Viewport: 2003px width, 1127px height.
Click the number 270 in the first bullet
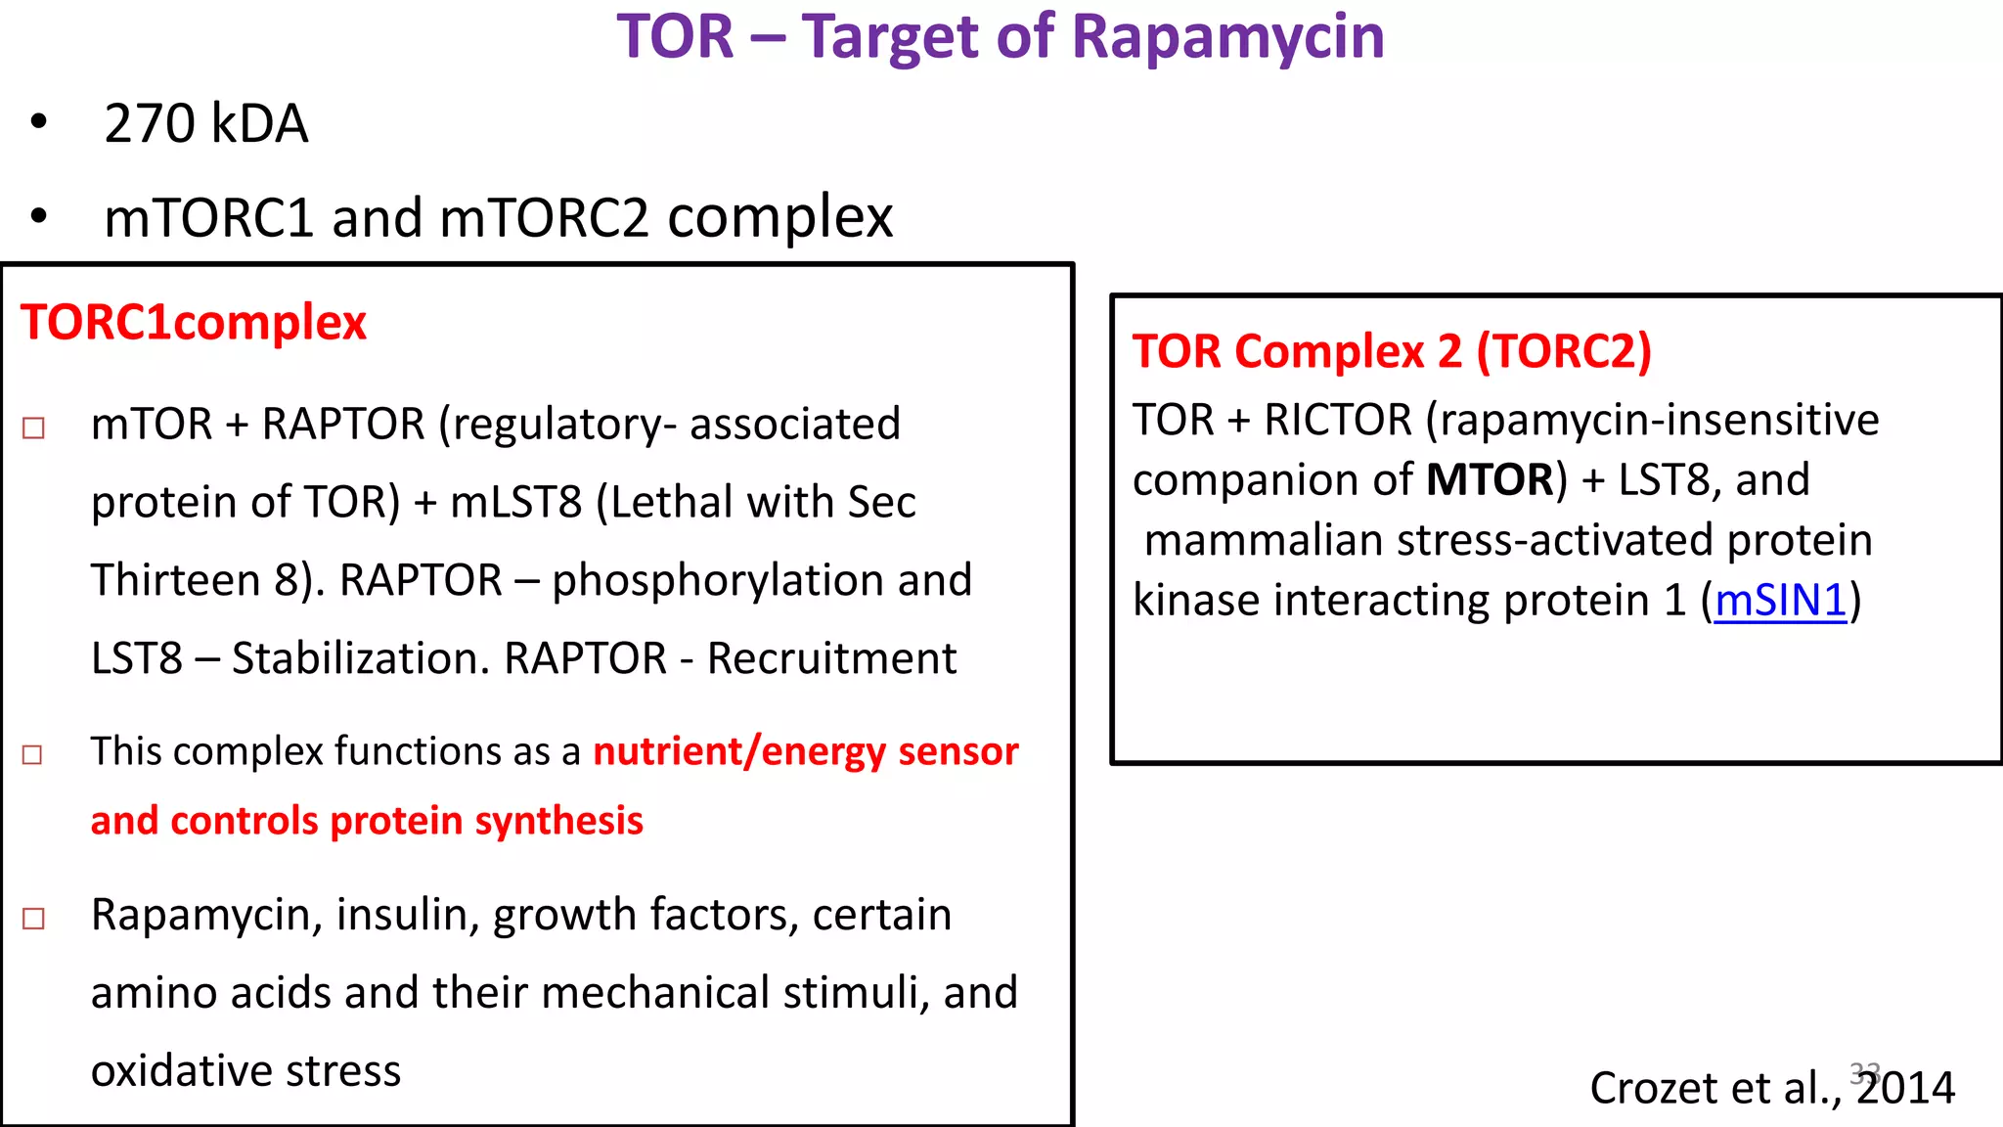149,124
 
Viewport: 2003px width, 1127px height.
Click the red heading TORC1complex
194,322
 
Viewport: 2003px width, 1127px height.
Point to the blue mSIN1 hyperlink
1780,600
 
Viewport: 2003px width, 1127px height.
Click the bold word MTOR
1490,480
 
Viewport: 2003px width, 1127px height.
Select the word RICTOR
1338,421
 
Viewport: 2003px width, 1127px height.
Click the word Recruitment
831,658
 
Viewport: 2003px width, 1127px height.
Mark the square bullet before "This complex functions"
33,754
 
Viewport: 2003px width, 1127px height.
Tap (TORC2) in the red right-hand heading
1563,351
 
